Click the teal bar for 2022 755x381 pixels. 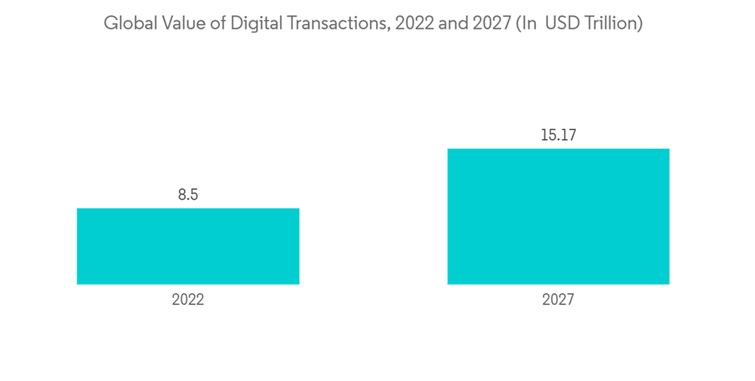[188, 246]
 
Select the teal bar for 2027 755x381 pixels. [558, 216]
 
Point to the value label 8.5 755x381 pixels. [188, 195]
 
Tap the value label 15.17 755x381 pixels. [558, 136]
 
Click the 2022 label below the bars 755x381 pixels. [188, 299]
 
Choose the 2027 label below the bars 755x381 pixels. [558, 299]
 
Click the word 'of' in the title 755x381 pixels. [209, 23]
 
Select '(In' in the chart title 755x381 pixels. [525, 23]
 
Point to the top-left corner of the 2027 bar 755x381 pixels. [448, 149]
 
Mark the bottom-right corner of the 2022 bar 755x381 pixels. [299, 284]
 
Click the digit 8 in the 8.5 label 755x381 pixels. [182, 195]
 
